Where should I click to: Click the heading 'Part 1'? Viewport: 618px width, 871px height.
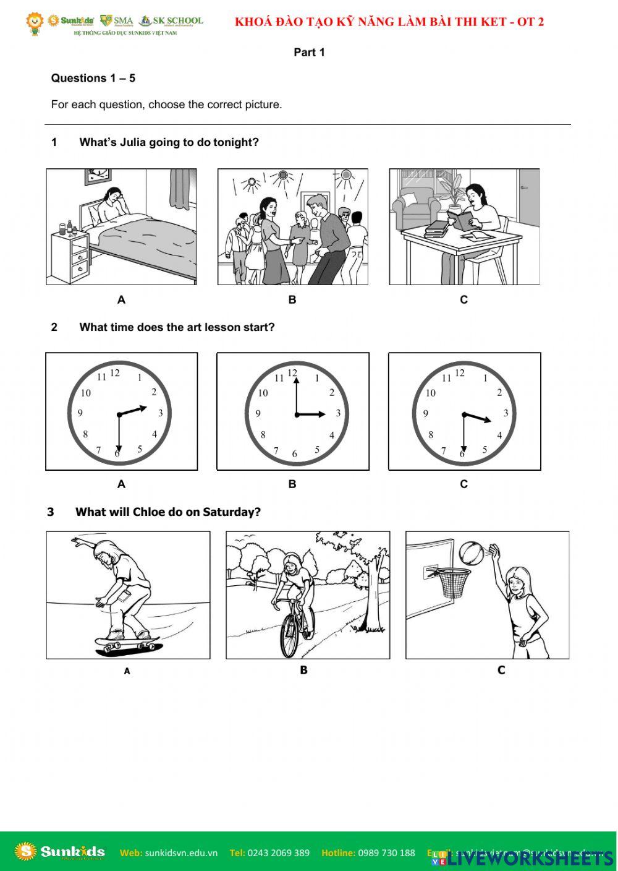coord(309,53)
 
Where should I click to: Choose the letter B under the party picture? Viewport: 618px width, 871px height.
coord(292,300)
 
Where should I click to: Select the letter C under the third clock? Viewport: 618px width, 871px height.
coord(463,484)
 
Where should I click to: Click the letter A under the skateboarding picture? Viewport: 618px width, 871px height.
coord(127,671)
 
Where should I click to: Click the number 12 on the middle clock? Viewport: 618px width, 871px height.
coord(292,373)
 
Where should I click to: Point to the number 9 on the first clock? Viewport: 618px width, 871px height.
coord(80,413)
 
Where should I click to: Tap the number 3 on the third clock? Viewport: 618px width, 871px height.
coord(506,413)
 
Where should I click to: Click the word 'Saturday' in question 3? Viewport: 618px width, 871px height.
coord(228,512)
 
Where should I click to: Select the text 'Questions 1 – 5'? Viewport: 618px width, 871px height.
coord(93,78)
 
